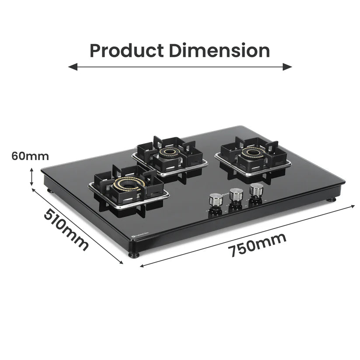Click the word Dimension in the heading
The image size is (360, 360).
click(220, 51)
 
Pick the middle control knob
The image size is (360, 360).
click(236, 194)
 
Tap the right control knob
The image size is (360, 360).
click(256, 189)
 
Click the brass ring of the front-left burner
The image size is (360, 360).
click(126, 185)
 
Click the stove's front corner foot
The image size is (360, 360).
click(134, 254)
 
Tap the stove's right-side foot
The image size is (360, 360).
click(332, 199)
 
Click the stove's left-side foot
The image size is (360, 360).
click(51, 191)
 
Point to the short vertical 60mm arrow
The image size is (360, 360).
click(31, 177)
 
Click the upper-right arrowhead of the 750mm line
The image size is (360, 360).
click(353, 205)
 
